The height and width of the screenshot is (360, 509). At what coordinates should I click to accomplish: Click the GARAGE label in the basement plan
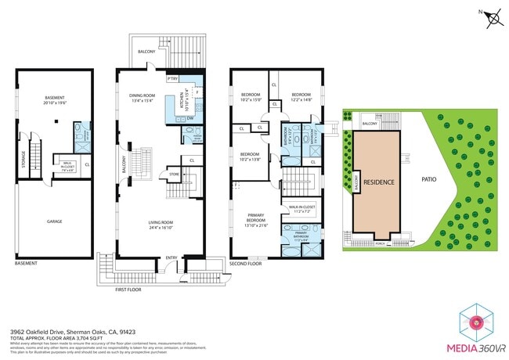(53, 221)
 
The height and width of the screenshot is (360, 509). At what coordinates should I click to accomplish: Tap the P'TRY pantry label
(172, 78)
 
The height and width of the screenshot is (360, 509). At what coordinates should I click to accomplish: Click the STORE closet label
(174, 175)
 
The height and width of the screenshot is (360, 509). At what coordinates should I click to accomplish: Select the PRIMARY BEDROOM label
(255, 221)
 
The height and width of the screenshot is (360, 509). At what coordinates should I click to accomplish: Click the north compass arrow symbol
(493, 18)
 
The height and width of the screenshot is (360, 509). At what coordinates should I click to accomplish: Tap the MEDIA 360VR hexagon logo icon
(475, 322)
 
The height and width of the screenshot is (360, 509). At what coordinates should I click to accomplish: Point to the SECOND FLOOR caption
(244, 265)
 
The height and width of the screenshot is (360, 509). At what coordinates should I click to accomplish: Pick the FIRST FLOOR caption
(127, 290)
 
